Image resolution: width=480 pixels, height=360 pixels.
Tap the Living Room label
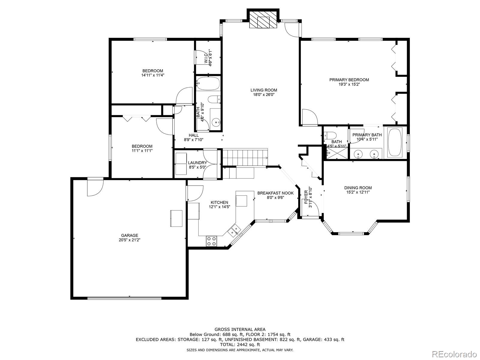pos(264,90)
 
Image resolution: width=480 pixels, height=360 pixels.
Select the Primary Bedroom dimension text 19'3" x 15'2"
pos(349,84)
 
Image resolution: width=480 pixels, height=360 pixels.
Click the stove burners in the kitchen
pos(211,241)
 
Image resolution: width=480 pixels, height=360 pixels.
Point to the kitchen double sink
pos(234,230)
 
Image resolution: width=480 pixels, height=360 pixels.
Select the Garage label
pos(130,235)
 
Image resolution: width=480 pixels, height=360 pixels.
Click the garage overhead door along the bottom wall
pos(124,298)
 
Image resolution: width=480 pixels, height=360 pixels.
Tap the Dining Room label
pos(358,188)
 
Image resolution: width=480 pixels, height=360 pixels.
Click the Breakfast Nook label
pos(275,193)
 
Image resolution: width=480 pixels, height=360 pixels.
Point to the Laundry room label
pos(197,163)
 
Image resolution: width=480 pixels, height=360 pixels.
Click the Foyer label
pos(306,197)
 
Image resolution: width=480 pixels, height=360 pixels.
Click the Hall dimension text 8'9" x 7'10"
pos(193,139)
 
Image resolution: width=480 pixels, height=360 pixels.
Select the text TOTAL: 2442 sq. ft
pos(240,345)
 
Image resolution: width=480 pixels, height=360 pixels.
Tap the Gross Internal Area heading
pos(240,329)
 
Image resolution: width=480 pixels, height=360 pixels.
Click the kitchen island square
pos(241,201)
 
